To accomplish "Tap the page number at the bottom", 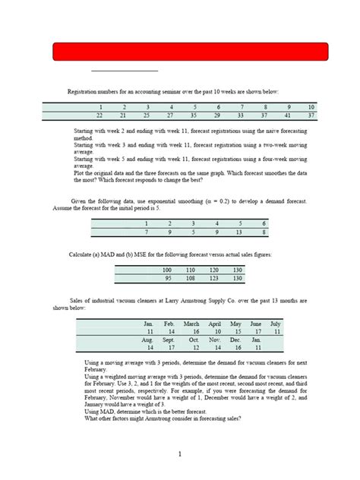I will pos(179,454).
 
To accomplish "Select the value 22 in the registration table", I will pos(99,115).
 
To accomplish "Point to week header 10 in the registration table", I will pos(311,107).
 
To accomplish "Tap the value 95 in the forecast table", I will pos(167,278).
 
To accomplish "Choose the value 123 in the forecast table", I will pos(214,278).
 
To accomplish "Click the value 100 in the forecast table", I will pos(167,270).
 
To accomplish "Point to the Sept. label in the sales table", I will pos(169,339).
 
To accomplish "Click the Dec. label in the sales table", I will pos(236,339).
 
